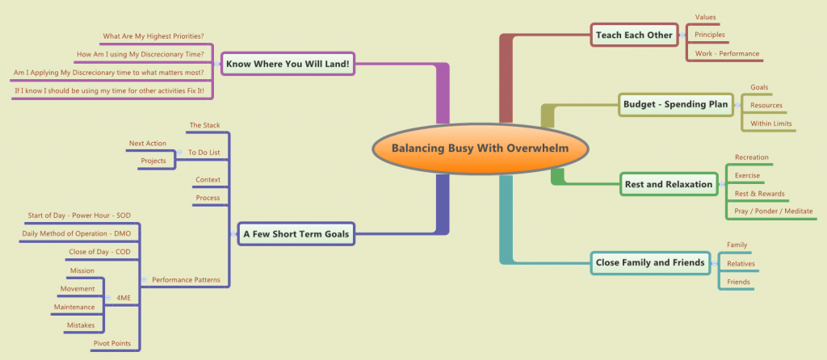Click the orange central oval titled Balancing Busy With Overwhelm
click(481, 148)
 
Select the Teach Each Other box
click(634, 36)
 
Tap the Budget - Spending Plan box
click(676, 104)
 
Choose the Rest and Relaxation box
click(669, 185)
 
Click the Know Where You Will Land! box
click(288, 64)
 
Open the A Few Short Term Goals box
click(296, 234)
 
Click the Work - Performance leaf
click(727, 53)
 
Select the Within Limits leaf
click(771, 123)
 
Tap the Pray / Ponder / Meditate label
click(774, 211)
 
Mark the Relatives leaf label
click(741, 264)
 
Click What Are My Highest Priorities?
click(153, 36)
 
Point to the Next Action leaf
click(148, 144)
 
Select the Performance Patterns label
click(186, 280)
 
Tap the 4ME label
click(124, 298)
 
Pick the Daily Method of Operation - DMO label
click(77, 233)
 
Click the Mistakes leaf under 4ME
click(81, 325)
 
